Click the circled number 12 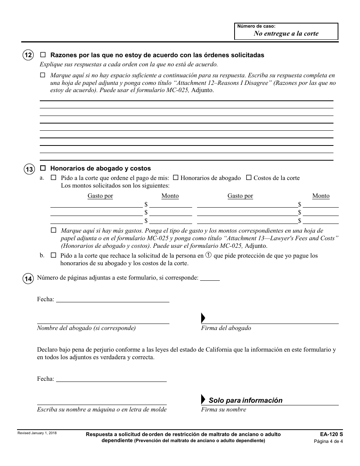tap(28, 55)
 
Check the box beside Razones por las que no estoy tap(43, 55)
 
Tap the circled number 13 tap(29, 169)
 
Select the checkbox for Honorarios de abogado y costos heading tap(43, 168)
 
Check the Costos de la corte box tap(249, 178)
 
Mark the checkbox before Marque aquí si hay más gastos tap(53, 230)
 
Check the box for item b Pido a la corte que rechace tap(53, 256)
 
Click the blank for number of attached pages tap(210, 278)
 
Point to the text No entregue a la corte tap(286, 33)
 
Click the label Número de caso tap(256, 26)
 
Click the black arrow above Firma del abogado tap(203, 318)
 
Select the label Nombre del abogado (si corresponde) tap(86, 328)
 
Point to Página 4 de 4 tap(328, 441)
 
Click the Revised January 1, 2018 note tap(37, 433)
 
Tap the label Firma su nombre tap(224, 410)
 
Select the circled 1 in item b tap(208, 255)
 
